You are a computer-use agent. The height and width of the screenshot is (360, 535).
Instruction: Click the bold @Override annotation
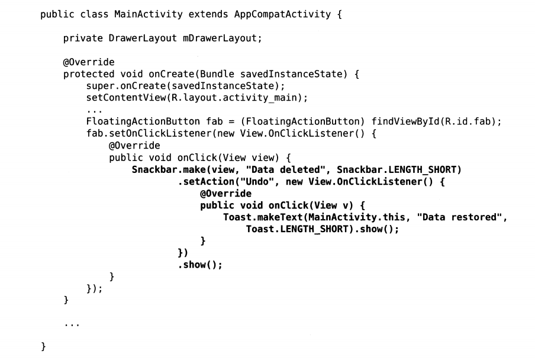[225, 194]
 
